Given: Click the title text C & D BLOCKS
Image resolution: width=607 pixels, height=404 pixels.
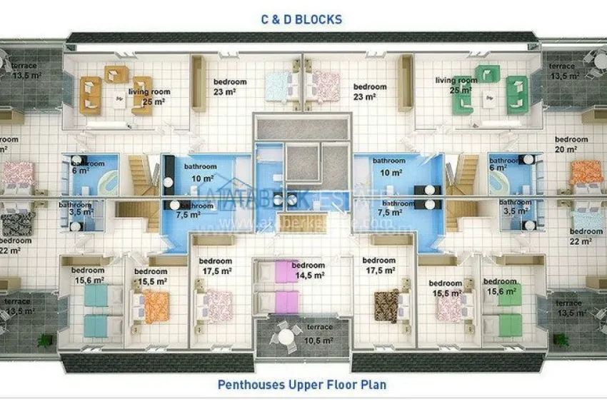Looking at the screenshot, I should pyautogui.click(x=301, y=19).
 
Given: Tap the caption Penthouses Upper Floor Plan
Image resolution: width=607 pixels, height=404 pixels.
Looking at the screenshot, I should pyautogui.click(x=302, y=385).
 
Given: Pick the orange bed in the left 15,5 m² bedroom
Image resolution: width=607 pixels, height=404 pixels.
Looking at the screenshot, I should pyautogui.click(x=156, y=307).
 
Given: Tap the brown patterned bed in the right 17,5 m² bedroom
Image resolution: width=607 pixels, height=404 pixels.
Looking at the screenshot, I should pyautogui.click(x=386, y=305).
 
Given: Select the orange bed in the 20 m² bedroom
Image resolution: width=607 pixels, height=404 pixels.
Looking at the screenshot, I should pyautogui.click(x=586, y=172).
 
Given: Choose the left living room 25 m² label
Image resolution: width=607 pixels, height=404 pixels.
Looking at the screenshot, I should pyautogui.click(x=149, y=96).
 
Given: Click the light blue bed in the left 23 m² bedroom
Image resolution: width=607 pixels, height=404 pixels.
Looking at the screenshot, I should pyautogui.click(x=279, y=86).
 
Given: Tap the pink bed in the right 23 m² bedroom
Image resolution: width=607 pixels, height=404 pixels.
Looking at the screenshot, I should pyautogui.click(x=325, y=86).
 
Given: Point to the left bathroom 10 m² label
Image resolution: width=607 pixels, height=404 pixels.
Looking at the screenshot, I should pyautogui.click(x=200, y=171).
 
